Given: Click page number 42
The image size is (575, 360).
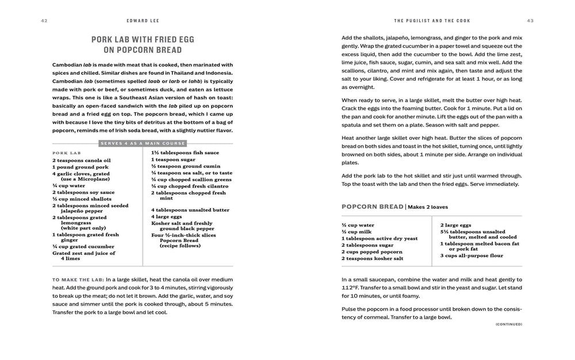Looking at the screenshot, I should tap(44, 21).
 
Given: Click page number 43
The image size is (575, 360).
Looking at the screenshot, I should tap(530, 21).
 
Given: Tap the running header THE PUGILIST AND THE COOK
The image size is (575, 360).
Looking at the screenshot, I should tap(432, 21).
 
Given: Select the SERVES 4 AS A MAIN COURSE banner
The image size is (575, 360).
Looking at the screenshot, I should tap(143, 143).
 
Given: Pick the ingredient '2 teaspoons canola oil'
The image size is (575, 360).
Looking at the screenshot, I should tap(82, 160).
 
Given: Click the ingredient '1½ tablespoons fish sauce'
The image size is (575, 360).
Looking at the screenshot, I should tap(185, 152).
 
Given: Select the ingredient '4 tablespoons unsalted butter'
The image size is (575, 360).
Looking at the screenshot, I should tap(190, 210).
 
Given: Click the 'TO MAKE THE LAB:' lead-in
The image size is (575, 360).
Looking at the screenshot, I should tap(78, 279).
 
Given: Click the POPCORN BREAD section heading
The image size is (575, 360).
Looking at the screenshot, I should tap(373, 206).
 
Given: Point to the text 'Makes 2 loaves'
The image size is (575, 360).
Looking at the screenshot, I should tap(428, 207).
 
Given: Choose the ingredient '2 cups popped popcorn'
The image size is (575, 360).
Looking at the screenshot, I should tap(372, 252).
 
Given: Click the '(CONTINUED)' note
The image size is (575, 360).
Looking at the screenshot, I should tap(508, 324).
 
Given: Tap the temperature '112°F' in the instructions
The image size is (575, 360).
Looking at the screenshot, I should tap(352, 288).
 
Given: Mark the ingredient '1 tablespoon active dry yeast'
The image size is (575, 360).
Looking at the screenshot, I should tap(379, 239).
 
